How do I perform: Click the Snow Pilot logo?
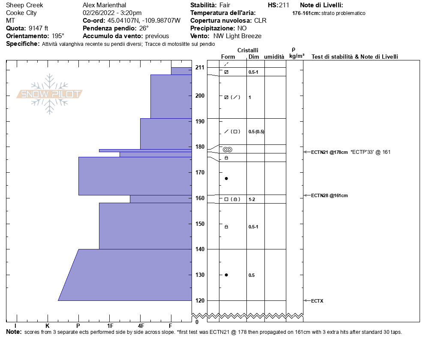pos(50,94)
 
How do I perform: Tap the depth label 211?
pos(199,67)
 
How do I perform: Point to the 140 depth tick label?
pos(199,249)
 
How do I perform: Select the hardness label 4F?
pos(141,326)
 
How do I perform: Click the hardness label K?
pos(48,326)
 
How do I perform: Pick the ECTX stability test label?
pos(317,301)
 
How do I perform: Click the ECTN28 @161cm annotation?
pos(329,195)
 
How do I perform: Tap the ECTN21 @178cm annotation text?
pos(329,152)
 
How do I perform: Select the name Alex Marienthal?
pos(104,5)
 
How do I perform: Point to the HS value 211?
pos(284,5)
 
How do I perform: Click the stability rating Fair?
pos(225,5)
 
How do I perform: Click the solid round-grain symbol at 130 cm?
pos(226,275)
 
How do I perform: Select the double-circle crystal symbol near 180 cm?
pos(227,149)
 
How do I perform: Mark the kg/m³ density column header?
pos(297,56)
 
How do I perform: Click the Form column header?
pos(228,57)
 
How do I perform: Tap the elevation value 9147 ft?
pos(41,28)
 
